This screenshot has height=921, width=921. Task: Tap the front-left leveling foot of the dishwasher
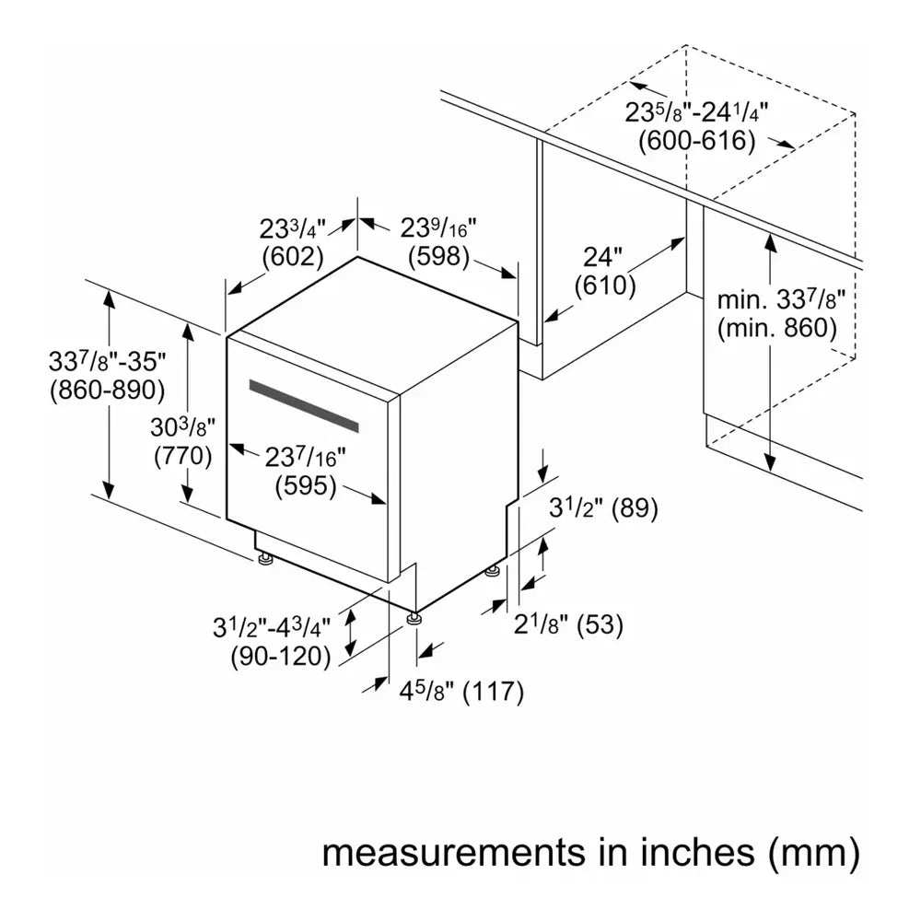click(265, 557)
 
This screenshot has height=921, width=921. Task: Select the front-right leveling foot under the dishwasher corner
click(414, 617)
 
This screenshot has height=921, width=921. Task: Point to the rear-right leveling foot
click(493, 572)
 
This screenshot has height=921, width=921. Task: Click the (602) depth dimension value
click(292, 257)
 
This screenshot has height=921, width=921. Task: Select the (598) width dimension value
click(439, 257)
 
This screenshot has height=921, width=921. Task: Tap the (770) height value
click(183, 455)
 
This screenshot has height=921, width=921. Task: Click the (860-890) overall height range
click(107, 390)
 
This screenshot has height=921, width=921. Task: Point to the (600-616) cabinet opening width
click(697, 141)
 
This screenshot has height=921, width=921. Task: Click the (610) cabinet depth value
click(605, 286)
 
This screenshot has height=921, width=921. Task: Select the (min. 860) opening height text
click(776, 327)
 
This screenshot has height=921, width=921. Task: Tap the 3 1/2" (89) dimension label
click(603, 508)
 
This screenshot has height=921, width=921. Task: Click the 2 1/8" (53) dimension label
click(568, 625)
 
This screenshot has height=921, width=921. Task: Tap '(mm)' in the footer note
click(813, 852)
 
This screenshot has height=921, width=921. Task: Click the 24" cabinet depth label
click(604, 257)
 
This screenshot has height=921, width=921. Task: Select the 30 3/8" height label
click(182, 426)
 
